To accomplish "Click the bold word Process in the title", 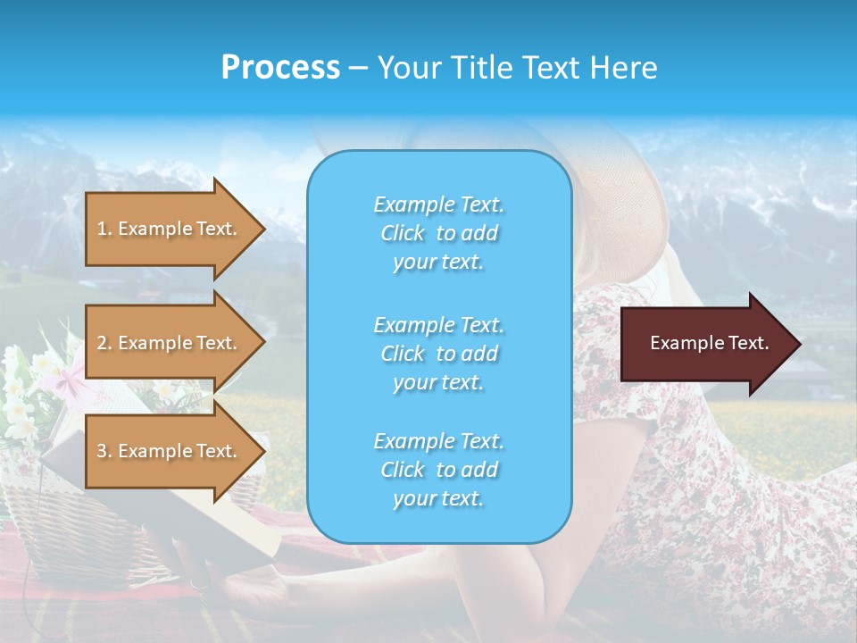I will [x=280, y=68].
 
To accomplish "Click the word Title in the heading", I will [x=480, y=68].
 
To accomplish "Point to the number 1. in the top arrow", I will [x=104, y=229].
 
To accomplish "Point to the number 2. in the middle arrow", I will [x=104, y=343].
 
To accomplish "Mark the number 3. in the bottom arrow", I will [x=104, y=451].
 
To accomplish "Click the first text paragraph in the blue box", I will [x=438, y=233].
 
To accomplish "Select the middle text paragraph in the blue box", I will [x=438, y=354].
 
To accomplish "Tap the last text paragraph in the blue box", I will [x=438, y=470].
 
